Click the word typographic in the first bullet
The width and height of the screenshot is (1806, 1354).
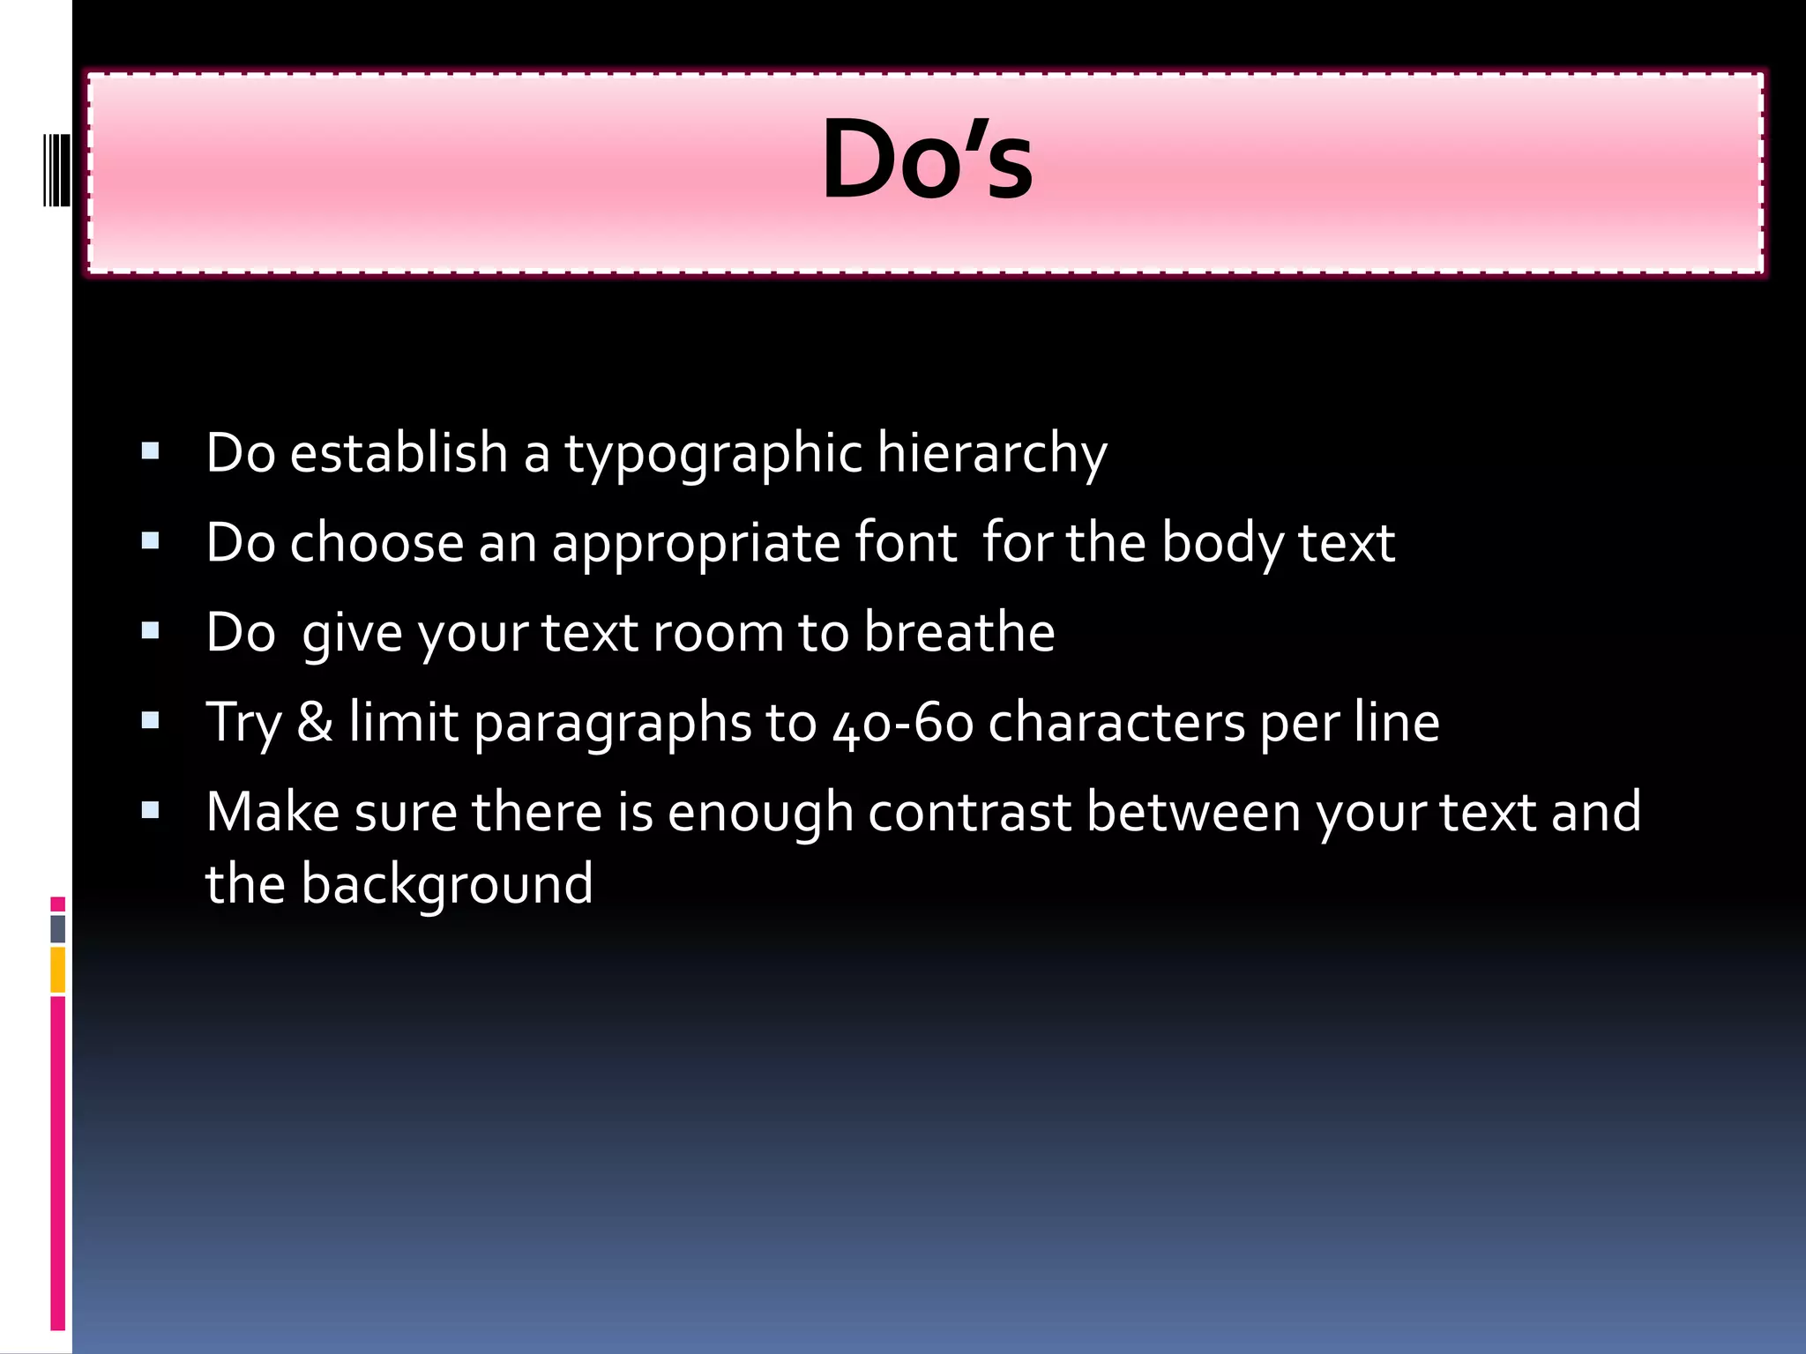point(713,455)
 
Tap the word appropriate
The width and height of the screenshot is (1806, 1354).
point(696,544)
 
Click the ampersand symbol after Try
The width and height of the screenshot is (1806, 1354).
point(315,722)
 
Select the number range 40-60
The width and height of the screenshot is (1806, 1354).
point(903,724)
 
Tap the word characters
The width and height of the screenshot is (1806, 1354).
point(1116,723)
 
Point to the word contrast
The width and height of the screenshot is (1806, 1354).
point(969,812)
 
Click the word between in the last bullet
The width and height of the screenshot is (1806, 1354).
point(1193,812)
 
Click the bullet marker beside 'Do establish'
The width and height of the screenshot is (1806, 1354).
point(150,452)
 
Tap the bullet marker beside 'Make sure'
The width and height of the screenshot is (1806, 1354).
point(150,810)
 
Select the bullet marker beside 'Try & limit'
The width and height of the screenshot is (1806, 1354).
point(150,721)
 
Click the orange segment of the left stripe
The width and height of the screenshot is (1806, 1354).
point(57,970)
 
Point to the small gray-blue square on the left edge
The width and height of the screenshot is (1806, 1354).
point(57,928)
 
